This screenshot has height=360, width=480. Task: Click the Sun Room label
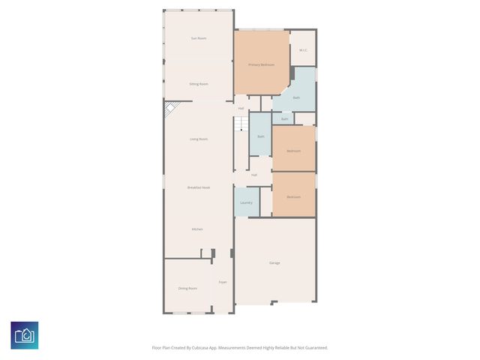point(199,38)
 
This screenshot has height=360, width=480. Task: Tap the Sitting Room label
point(199,84)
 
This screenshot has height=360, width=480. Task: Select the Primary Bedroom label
point(261,65)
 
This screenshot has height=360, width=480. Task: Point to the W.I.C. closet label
point(303,50)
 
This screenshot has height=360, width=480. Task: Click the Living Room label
point(198,139)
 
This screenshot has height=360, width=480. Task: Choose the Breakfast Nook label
point(198,187)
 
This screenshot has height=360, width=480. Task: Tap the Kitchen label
point(197,229)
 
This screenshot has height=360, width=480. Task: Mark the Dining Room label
point(187,288)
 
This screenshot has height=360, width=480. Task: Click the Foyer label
point(223,282)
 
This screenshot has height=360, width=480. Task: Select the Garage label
point(274,262)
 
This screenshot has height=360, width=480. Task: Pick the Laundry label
point(246,202)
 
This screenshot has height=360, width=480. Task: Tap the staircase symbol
point(241,124)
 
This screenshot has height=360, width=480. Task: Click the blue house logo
point(25,335)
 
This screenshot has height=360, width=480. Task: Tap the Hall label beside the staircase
point(241,109)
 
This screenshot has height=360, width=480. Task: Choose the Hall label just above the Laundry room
point(254,175)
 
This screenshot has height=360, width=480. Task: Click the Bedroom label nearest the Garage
point(293,196)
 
